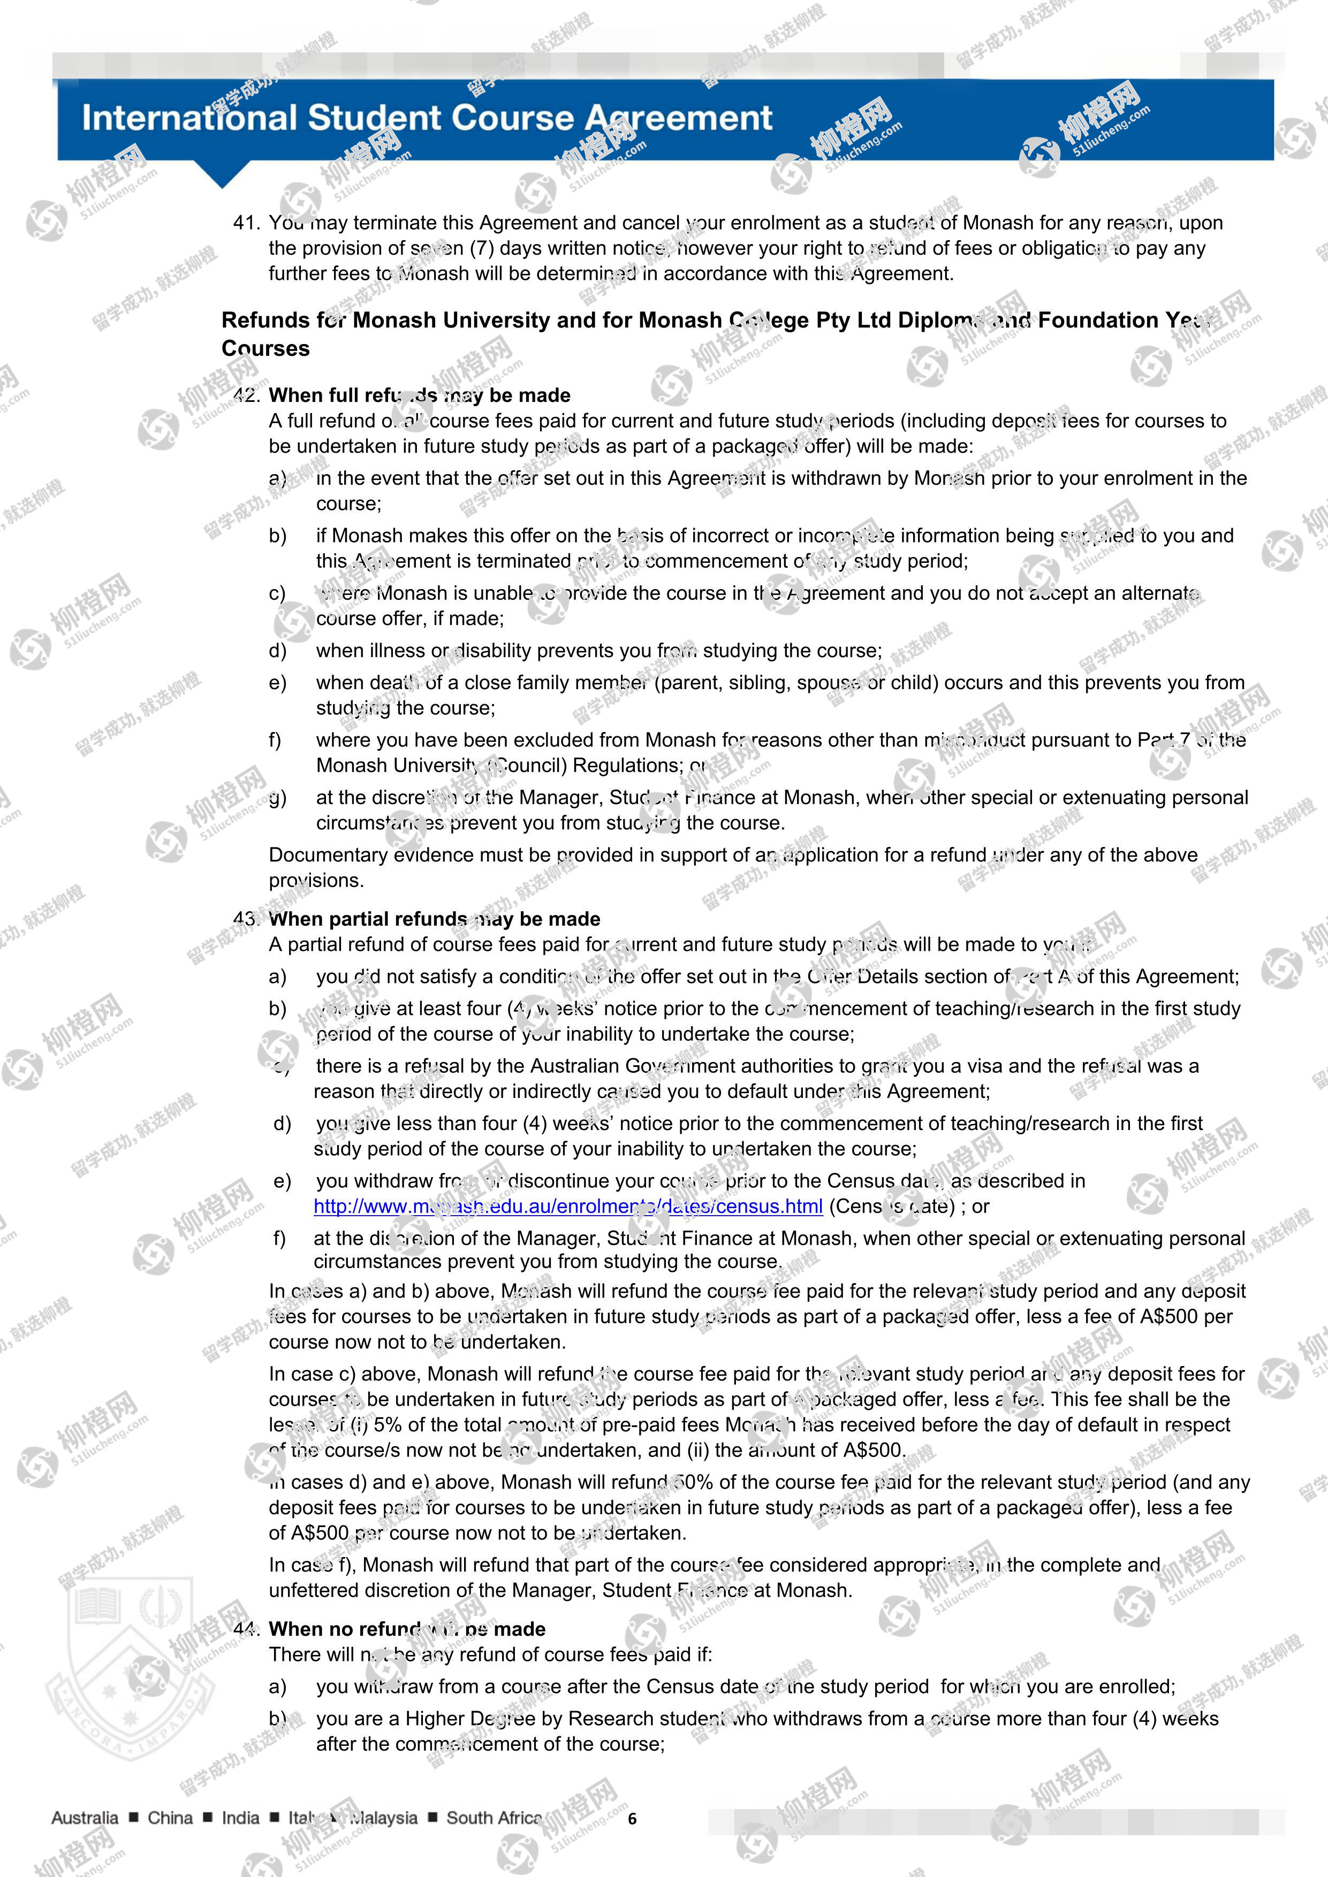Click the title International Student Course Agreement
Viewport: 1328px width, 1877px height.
pyautogui.click(x=427, y=118)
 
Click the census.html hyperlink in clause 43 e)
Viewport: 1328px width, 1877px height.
pyautogui.click(x=567, y=1206)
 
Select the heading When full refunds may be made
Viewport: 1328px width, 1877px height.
pyautogui.click(x=420, y=395)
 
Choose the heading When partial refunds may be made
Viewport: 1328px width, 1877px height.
pyautogui.click(x=434, y=919)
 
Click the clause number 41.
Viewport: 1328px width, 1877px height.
pyautogui.click(x=246, y=223)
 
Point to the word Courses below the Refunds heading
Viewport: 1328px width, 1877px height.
pyautogui.click(x=266, y=348)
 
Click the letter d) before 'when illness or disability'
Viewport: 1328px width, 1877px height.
pyautogui.click(x=278, y=651)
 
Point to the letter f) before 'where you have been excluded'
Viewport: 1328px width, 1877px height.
pyautogui.click(x=276, y=740)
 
